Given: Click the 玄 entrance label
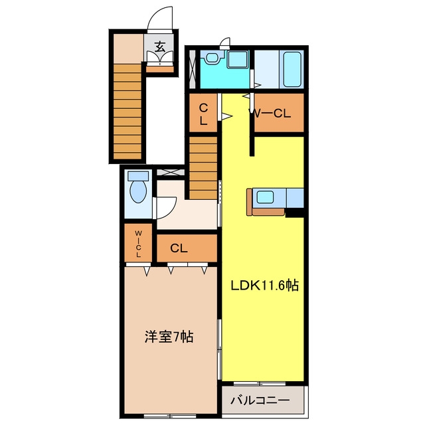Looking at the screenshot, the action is tap(159, 46).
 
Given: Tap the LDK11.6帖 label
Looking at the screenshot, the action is tap(264, 286).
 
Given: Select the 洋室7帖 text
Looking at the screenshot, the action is tap(169, 337).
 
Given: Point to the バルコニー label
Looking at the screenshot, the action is tap(260, 400).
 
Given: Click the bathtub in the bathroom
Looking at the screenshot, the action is tap(292, 69).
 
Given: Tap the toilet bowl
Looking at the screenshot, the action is tap(138, 191).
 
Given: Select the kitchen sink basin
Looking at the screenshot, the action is tap(265, 197).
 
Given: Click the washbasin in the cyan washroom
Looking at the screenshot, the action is tap(212, 58).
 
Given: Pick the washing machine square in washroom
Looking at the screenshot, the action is tap(237, 59).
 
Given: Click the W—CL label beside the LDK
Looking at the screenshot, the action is tap(270, 114).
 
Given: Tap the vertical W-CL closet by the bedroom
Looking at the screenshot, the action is tap(138, 243).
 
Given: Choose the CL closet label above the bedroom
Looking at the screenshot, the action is tap(179, 248).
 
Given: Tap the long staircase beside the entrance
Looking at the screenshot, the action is tap(127, 112).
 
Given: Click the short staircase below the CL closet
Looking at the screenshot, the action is tap(203, 168).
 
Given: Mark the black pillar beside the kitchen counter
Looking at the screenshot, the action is tap(294, 212).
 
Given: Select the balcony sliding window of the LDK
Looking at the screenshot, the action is tap(260, 384).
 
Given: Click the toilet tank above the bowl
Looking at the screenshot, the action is tap(138, 176).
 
